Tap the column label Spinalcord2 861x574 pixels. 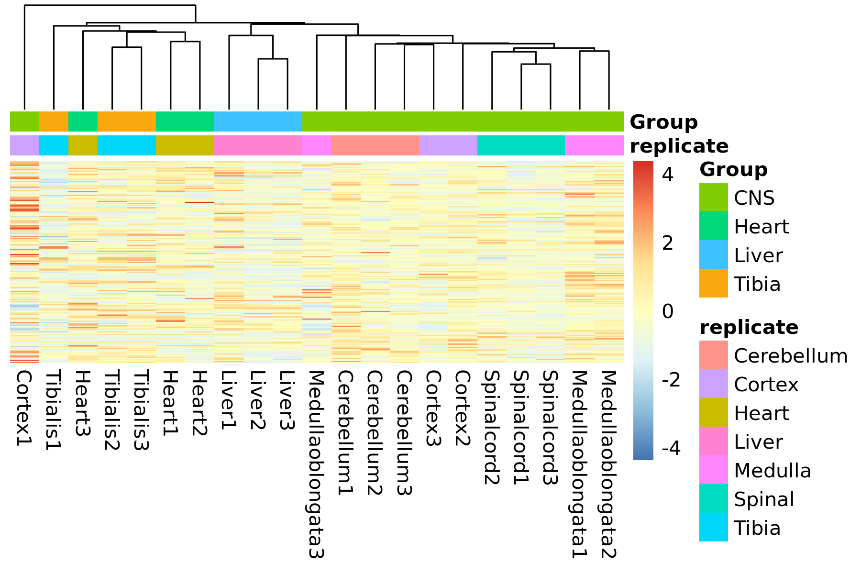pos(492,427)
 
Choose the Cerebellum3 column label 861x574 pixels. pos(404,432)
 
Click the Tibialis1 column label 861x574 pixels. pos(54,410)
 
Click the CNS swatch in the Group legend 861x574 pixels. pos(713,197)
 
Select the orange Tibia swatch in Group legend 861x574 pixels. pos(713,283)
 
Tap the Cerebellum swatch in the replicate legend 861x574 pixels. pos(713,355)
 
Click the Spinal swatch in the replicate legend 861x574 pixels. pos(713,498)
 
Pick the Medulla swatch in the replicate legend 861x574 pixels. pos(713,470)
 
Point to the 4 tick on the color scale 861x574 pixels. pos(668,175)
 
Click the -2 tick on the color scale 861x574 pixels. pos(671,380)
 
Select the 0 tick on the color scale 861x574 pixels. pos(668,311)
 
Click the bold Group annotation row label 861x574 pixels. pos(664,122)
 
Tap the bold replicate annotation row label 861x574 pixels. pos(679,146)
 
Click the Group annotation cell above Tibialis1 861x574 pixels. pos(54,121)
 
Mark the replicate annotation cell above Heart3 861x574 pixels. pos(83,145)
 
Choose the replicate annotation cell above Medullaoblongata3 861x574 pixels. pos(317,145)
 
